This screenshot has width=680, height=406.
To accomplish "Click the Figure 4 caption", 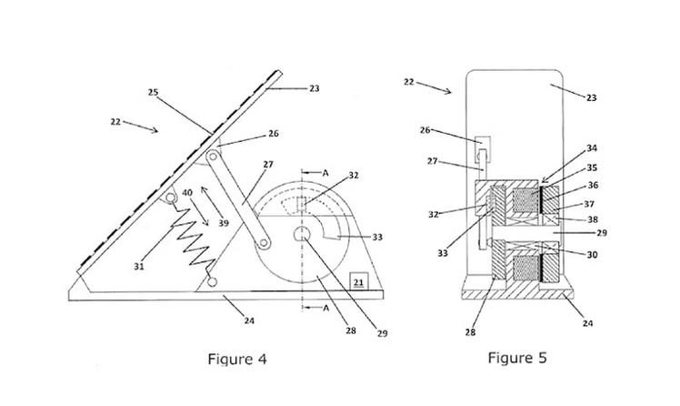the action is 237,359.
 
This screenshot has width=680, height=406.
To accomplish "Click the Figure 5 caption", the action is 517,358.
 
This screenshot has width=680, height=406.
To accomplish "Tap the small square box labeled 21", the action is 359,281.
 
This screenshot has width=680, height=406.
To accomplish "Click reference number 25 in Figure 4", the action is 153,92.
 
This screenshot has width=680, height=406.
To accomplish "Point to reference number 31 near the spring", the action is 139,266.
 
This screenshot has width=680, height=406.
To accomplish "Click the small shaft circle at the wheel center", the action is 302,235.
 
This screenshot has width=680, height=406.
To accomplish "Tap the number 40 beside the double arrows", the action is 187,192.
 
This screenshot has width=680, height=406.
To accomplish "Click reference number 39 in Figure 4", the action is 224,223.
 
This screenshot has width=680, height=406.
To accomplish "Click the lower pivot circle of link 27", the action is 264,243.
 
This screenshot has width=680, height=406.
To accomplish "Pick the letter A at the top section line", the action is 325,173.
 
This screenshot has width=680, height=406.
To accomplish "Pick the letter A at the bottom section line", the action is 325,308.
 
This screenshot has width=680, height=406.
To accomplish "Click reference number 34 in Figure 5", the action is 592,148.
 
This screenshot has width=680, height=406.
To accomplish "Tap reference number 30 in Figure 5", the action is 592,255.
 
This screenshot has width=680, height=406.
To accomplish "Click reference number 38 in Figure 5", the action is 592,219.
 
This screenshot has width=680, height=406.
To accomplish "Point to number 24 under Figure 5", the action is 587,323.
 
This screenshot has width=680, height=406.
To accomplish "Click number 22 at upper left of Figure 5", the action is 409,82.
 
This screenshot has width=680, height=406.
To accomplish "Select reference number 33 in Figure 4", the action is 377,237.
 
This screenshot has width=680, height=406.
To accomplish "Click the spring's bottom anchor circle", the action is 212,282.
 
